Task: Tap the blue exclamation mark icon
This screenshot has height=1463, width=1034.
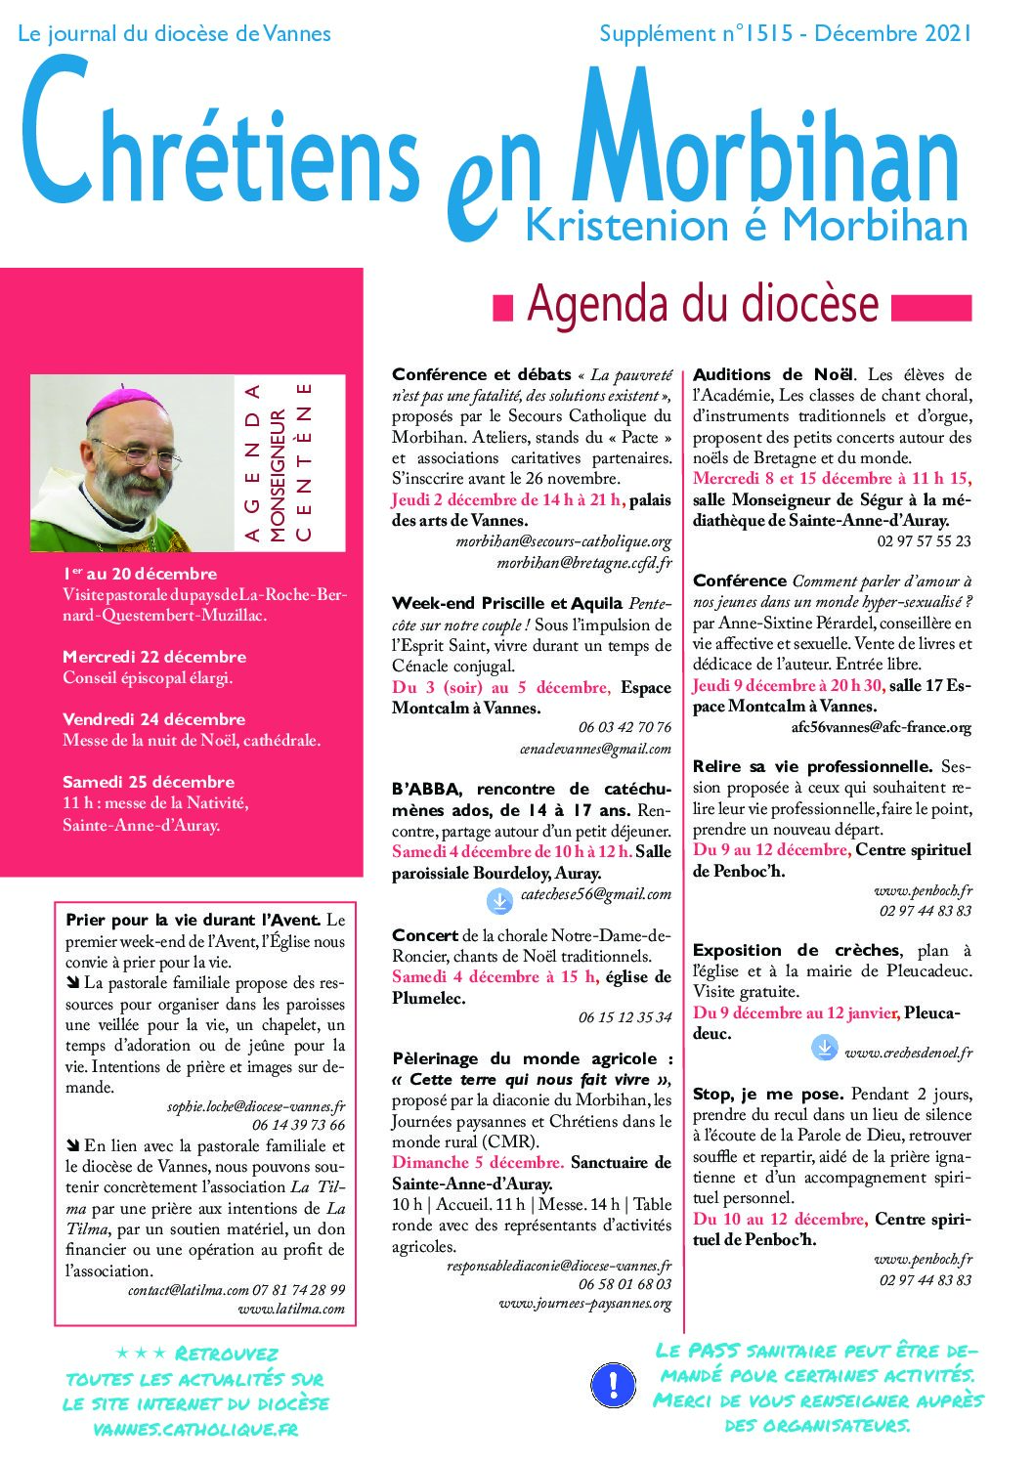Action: click(613, 1383)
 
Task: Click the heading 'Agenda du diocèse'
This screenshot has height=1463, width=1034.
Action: click(703, 305)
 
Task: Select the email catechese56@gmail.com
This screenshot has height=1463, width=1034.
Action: click(595, 894)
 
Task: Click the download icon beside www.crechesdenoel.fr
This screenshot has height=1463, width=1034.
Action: click(824, 1048)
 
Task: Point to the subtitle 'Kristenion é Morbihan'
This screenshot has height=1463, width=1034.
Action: click(747, 226)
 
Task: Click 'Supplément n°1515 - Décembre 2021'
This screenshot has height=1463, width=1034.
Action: click(785, 34)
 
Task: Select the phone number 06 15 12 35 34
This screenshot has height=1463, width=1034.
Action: click(625, 1017)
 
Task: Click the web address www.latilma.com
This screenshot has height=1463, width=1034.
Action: click(291, 1309)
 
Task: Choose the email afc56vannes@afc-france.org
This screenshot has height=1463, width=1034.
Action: click(881, 727)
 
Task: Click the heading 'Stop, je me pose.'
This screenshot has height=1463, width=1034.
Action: click(768, 1094)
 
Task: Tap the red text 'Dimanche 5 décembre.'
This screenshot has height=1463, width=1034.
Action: click(478, 1162)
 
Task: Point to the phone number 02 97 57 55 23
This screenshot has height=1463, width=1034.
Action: click(924, 541)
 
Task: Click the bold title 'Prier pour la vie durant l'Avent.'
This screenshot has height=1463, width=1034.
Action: click(193, 920)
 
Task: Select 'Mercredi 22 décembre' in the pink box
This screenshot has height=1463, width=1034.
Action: click(153, 657)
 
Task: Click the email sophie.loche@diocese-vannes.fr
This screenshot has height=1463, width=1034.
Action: click(256, 1106)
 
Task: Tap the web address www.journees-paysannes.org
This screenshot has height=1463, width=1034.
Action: click(584, 1304)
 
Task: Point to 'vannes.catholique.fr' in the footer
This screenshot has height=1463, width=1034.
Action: click(194, 1429)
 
